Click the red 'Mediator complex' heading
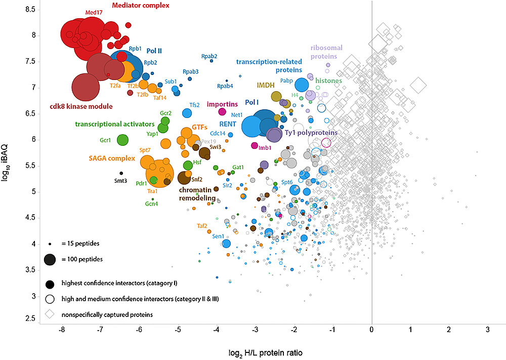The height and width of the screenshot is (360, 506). click(140, 6)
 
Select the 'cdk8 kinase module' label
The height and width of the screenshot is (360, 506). click(81, 106)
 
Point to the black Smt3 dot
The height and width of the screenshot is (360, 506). click(121, 173)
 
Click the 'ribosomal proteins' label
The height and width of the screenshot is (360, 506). click(326, 52)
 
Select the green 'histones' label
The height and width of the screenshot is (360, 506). click(328, 81)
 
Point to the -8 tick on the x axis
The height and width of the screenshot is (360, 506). click(62, 330)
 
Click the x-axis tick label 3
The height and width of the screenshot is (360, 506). click(488, 330)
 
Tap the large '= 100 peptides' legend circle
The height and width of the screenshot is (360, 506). click(50, 259)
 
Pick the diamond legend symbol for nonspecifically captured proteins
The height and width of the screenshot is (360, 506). click(50, 314)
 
